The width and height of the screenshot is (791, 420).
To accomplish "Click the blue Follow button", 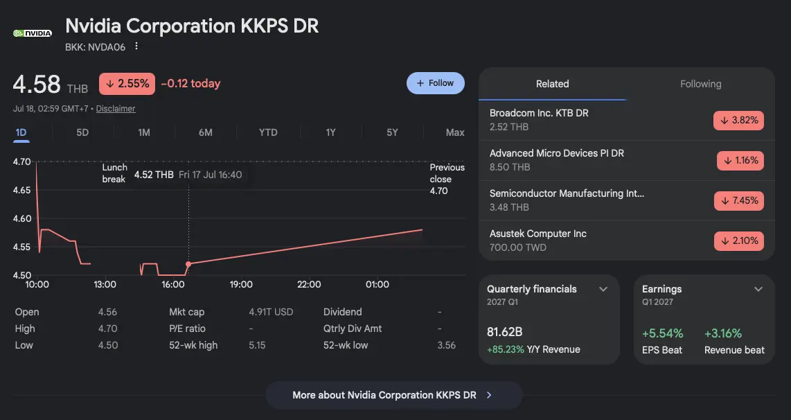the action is pos(436,83).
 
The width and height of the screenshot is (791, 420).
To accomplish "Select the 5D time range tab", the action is pos(82,132).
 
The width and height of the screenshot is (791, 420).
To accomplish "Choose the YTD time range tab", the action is pos(268,132).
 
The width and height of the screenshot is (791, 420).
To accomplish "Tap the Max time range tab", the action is pos(455,132).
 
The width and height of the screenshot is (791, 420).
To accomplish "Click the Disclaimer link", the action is pos(116,109).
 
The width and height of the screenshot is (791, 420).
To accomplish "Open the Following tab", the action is pos(701,84).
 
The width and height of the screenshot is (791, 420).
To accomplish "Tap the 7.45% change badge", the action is pos(739,200).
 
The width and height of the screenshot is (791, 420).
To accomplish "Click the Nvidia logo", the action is pos(33,33).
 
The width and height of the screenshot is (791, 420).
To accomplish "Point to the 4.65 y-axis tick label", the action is pos(21,191).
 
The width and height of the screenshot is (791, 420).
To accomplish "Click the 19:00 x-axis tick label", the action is pos(241,285).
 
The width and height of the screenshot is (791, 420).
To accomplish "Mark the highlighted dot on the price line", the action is pos(188,264).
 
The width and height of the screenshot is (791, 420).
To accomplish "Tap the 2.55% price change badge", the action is pos(127,84).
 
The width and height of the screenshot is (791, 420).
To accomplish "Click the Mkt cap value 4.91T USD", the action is pos(271,312).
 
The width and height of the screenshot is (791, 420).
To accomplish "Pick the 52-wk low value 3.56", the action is pos(447,345).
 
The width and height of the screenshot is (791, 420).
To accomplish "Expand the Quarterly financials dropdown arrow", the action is pos(603,289).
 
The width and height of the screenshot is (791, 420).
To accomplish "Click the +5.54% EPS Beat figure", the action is pos(662,333).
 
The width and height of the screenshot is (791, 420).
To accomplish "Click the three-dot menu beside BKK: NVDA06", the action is pos(136,46).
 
